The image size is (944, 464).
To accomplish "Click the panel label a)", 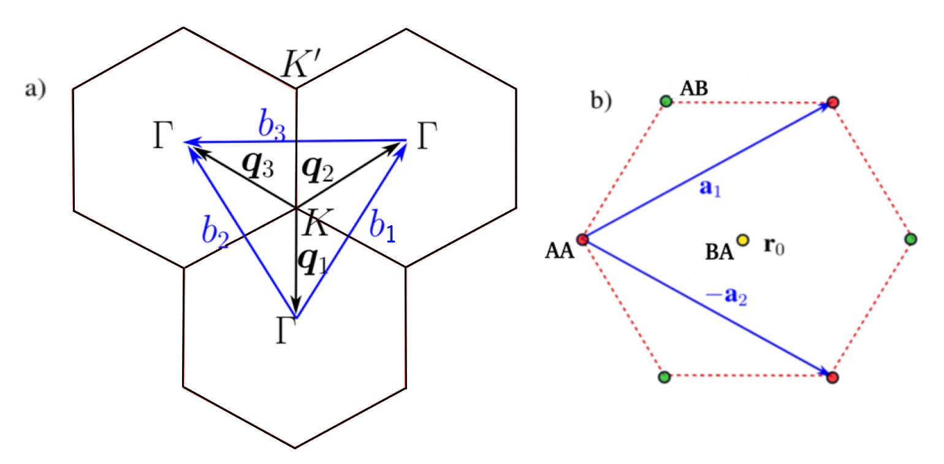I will tap(35, 90).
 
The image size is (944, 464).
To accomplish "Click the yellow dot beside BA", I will tap(742, 240).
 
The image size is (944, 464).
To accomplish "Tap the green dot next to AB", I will tap(666, 101).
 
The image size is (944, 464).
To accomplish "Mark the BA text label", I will tap(720, 251).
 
